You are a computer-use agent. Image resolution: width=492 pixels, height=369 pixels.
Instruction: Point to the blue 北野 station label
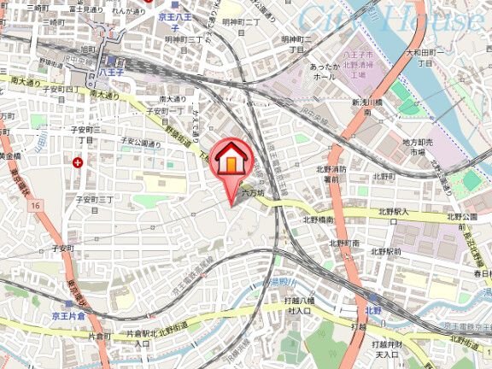[372, 311]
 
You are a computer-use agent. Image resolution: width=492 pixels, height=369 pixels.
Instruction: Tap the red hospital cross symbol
[79, 161]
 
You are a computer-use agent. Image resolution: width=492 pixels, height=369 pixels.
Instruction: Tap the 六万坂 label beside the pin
[254, 194]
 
